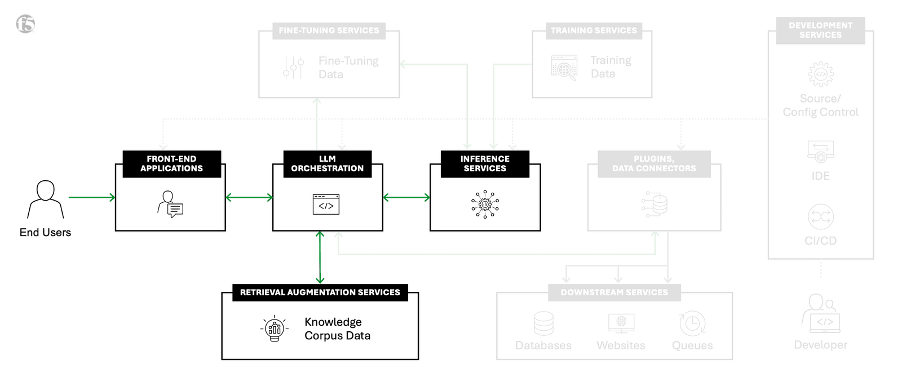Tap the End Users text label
click(x=45, y=233)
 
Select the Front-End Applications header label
click(x=171, y=164)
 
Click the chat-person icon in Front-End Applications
click(x=170, y=204)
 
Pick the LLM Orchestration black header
click(x=327, y=164)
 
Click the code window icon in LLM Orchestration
click(x=326, y=205)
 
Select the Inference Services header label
click(x=485, y=164)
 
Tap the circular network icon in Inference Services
click(x=485, y=204)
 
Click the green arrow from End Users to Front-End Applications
click(x=91, y=197)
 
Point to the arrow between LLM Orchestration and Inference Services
click(x=406, y=197)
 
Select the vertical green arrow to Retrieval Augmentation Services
click(x=320, y=257)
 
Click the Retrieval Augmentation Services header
click(x=320, y=292)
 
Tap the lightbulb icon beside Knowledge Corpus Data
click(x=275, y=328)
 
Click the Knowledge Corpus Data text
click(x=337, y=328)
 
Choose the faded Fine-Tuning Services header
click(x=329, y=30)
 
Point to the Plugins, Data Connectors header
click(x=654, y=164)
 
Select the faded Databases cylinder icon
click(x=543, y=323)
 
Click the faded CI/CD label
click(x=820, y=241)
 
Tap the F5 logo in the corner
click(x=25, y=24)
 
